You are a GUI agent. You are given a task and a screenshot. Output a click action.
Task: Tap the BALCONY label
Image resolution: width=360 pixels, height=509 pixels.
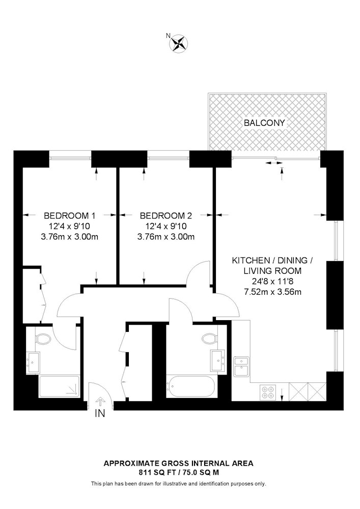click(x=264, y=123)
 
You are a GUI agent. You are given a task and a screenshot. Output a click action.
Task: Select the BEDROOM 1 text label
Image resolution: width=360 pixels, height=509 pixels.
click(x=69, y=215)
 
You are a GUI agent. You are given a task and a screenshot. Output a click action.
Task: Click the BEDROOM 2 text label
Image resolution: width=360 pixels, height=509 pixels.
click(x=166, y=215)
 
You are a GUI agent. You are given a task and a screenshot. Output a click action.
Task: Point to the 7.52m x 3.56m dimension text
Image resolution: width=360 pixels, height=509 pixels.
click(x=273, y=292)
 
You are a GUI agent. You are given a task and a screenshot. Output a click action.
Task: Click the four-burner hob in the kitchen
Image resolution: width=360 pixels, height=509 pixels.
click(x=268, y=391)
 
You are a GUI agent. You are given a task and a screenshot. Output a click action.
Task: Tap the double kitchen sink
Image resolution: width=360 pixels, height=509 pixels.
click(x=242, y=366)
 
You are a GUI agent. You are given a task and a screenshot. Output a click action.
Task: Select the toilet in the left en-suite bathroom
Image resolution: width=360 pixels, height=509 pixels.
click(x=43, y=339)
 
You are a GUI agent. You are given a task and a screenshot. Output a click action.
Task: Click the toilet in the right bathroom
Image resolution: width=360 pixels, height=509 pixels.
click(x=209, y=338)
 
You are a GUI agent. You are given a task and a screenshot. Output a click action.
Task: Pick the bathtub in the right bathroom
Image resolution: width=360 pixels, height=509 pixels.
click(x=190, y=387)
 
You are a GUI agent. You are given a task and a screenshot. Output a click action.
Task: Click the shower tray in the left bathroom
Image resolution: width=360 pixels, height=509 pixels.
click(x=59, y=386)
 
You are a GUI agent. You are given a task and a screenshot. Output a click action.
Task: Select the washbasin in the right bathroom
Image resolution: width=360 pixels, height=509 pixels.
click(x=218, y=360)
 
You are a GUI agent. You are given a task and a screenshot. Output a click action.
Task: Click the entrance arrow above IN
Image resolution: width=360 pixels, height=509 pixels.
click(x=101, y=402)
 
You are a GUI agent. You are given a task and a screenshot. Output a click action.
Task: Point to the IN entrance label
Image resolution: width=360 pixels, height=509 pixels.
click(x=100, y=413)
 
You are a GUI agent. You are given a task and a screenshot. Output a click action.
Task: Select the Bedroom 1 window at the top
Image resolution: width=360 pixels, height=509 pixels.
click(x=70, y=158)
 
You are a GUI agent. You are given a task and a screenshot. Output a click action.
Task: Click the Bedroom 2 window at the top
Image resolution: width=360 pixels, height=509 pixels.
click(x=169, y=158)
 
